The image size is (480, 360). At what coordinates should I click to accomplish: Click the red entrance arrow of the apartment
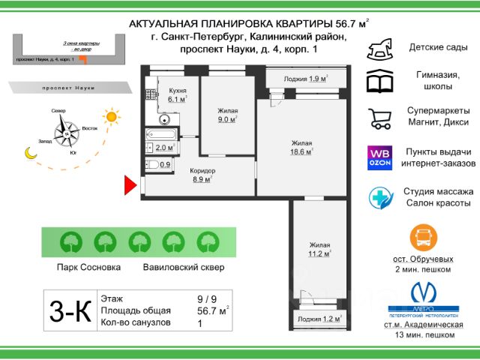[129, 184]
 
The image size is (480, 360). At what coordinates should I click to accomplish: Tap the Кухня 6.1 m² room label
[178, 94]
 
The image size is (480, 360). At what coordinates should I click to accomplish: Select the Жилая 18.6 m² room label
[301, 147]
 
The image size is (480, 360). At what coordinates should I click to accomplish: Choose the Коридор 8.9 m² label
[202, 175]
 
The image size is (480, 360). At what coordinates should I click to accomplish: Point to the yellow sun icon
[112, 116]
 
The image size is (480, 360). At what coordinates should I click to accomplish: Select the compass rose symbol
[68, 133]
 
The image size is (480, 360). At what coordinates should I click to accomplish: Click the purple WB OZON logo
[379, 157]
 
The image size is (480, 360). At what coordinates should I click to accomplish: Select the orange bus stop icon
[423, 238]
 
